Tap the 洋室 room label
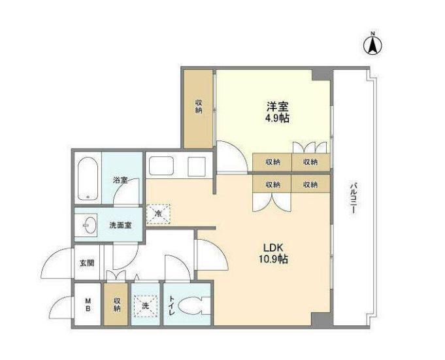(277, 106)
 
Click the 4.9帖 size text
(277, 118)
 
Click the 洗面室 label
(120, 226)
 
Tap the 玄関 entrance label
(87, 263)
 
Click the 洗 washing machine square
(146, 305)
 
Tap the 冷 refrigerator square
(158, 213)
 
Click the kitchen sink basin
(160, 166)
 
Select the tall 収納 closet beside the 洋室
(198, 107)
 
